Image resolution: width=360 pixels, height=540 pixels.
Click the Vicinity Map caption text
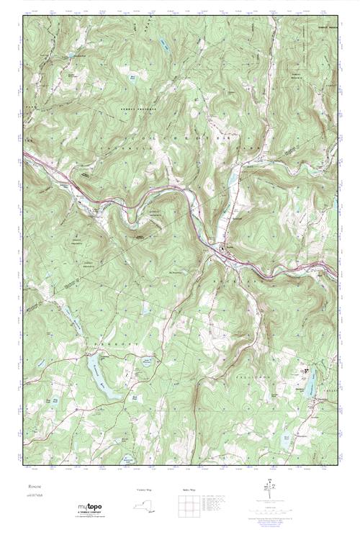pyautogui.click(x=145, y=490)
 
